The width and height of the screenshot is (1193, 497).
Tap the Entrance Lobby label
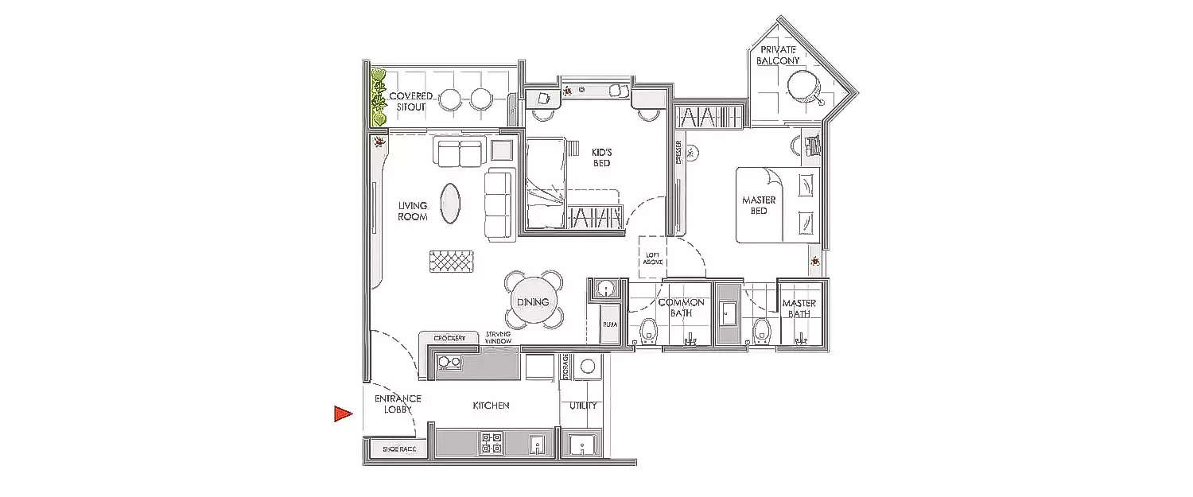click(x=398, y=404)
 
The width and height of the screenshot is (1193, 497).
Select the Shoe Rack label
click(x=399, y=449)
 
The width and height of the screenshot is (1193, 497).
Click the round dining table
click(x=533, y=302)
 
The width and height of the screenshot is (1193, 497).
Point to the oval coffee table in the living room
click(x=450, y=204)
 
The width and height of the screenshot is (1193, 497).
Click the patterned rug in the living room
click(x=451, y=261)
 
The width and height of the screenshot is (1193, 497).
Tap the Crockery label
click(x=449, y=339)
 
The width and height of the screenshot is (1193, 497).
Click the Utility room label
click(x=583, y=406)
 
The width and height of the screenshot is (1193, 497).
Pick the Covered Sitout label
click(x=411, y=101)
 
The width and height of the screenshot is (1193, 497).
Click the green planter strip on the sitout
click(x=378, y=98)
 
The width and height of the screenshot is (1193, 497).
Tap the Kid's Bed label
click(x=600, y=157)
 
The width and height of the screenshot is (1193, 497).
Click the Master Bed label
click(x=759, y=205)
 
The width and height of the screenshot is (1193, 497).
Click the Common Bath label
click(x=681, y=308)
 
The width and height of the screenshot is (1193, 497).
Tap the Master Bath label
click(x=799, y=309)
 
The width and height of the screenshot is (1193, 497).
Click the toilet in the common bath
click(x=648, y=330)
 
